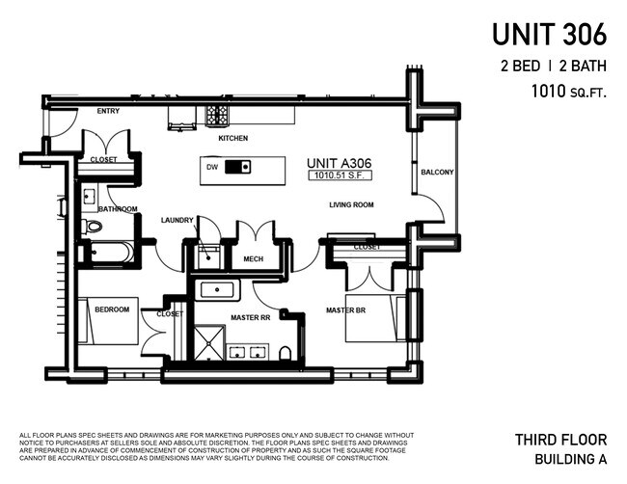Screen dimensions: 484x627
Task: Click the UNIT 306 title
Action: (550, 34)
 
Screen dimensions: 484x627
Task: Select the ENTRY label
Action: (108, 112)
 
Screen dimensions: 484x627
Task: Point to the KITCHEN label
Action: (233, 139)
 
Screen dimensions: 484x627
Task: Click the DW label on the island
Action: (212, 167)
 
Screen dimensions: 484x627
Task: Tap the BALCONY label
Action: (437, 173)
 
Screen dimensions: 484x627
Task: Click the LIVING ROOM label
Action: (351, 204)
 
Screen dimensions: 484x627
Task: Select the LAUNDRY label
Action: (177, 220)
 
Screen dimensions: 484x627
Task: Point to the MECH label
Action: (254, 259)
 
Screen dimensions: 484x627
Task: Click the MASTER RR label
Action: (250, 316)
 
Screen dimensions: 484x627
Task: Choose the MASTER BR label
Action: (346, 309)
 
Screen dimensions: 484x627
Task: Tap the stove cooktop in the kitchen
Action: (218, 116)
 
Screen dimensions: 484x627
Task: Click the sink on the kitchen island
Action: (245, 167)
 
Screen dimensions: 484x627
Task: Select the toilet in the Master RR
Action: (286, 353)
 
